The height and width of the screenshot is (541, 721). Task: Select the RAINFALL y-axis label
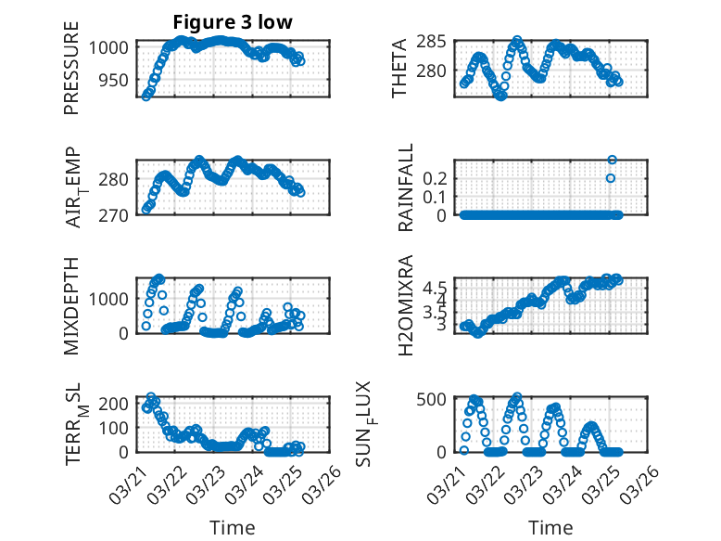click(x=405, y=188)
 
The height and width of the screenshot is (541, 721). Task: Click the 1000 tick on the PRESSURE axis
click(x=105, y=46)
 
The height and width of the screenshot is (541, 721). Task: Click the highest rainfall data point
click(x=612, y=160)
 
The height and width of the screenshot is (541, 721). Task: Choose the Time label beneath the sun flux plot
click(x=550, y=528)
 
